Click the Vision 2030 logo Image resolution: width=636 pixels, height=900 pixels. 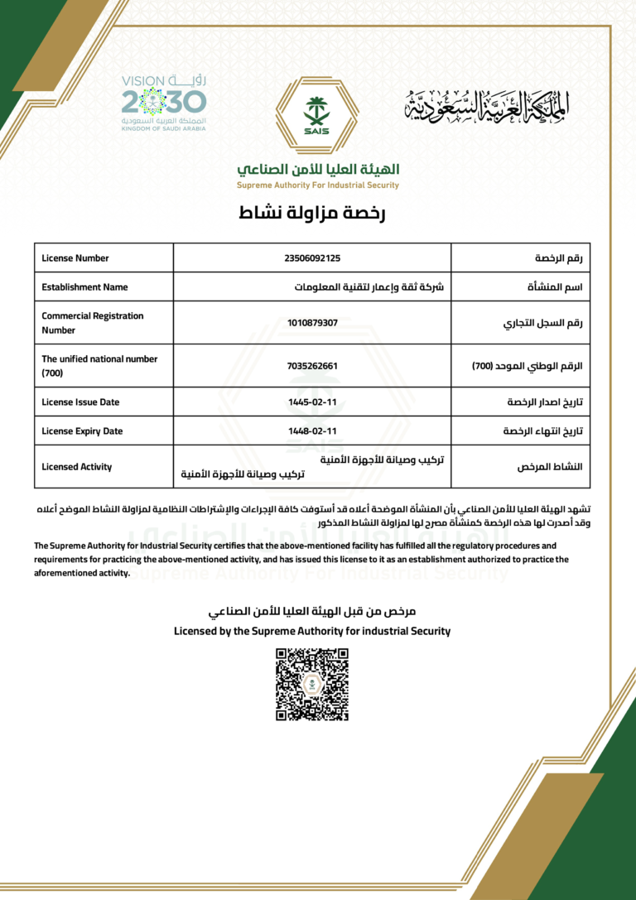tap(163, 103)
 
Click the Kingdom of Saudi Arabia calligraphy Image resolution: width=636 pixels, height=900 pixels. tap(488, 103)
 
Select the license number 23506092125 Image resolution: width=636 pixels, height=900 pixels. tap(312, 258)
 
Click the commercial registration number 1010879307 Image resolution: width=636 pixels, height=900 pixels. tap(312, 322)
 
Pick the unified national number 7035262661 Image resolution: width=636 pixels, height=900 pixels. tap(312, 365)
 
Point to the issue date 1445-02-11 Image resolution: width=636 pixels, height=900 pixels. tap(312, 402)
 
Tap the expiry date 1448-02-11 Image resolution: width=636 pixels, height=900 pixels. tap(312, 431)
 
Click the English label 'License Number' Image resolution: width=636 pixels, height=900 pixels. tap(75, 258)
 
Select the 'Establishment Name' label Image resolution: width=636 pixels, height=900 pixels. tap(84, 287)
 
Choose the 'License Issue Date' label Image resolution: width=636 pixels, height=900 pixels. tap(80, 402)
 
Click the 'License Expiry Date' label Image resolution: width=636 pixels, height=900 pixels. tap(82, 431)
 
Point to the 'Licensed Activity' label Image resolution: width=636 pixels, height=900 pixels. tap(76, 467)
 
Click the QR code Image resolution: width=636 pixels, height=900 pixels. tap(312, 684)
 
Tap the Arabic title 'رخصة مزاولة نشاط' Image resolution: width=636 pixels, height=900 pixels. tap(312, 213)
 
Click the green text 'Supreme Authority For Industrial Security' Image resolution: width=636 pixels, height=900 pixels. tap(318, 185)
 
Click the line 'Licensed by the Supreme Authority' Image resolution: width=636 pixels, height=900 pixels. tap(312, 631)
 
